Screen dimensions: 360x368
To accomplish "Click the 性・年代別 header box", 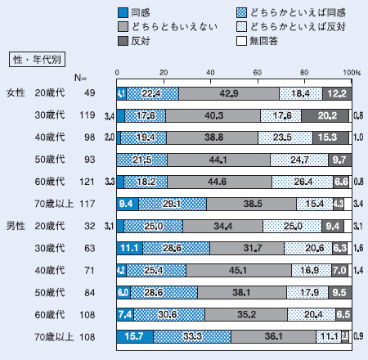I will click(x=39, y=58).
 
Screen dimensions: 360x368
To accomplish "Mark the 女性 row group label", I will click(x=16, y=93).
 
